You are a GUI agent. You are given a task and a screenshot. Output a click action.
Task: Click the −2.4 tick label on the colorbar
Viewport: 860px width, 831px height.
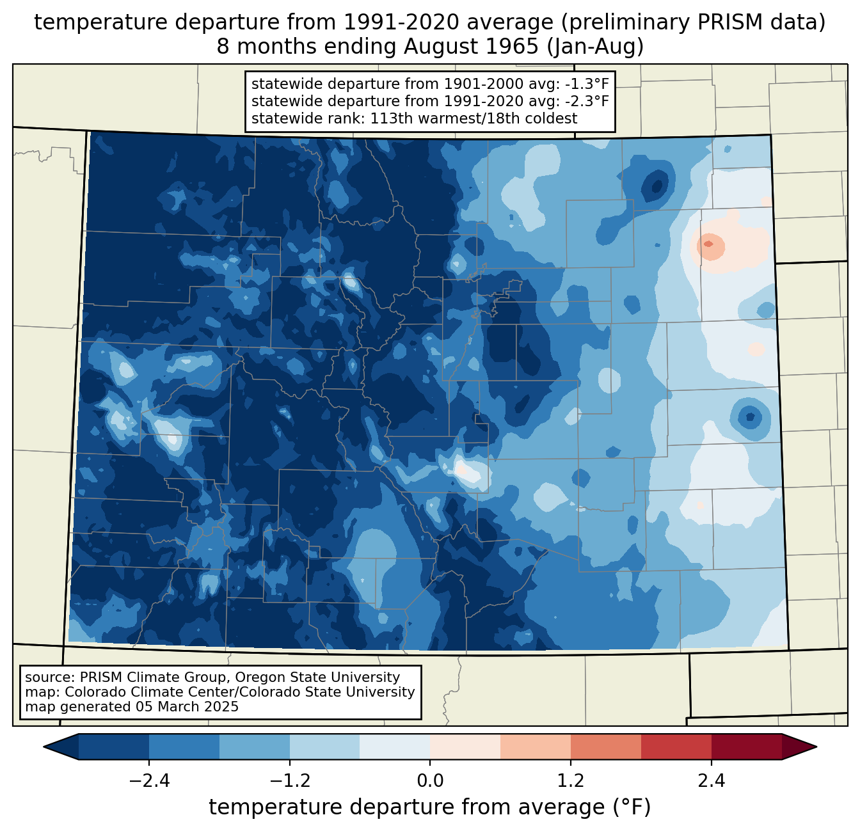click(x=149, y=781)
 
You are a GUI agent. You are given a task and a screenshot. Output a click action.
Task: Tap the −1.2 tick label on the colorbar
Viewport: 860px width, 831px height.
click(x=289, y=781)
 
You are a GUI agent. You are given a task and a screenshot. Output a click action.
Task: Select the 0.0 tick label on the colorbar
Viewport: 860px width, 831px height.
click(x=430, y=781)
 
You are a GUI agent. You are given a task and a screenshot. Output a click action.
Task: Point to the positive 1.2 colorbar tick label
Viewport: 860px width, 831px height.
click(x=571, y=781)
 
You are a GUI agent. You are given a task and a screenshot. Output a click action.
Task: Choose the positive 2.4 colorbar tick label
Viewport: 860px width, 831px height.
click(x=711, y=781)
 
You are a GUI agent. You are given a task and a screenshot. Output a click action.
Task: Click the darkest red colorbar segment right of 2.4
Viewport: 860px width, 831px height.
click(x=746, y=747)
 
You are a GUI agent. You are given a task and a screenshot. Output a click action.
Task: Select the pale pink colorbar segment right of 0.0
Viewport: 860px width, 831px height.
click(x=465, y=747)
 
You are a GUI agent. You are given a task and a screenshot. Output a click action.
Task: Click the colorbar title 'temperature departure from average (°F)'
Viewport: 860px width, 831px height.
click(x=430, y=807)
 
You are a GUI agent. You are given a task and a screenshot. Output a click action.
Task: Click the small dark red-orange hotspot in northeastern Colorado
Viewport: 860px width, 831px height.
click(x=708, y=244)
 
